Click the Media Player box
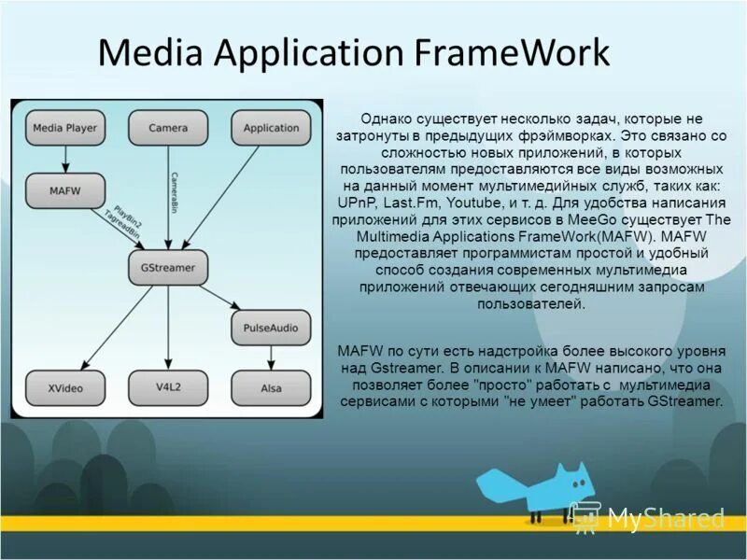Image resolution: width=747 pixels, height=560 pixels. tap(64, 128)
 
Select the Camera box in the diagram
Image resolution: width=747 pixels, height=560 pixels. tap(168, 128)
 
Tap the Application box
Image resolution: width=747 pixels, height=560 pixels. tap(271, 128)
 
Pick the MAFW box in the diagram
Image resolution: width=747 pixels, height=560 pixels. tap(64, 190)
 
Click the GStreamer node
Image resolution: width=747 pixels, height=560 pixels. tap(168, 268)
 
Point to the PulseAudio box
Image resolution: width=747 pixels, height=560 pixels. tap(271, 328)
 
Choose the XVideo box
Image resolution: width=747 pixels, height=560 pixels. tap(64, 387)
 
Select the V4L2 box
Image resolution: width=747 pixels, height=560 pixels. tap(168, 387)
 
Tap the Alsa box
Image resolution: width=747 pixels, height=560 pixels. tap(271, 387)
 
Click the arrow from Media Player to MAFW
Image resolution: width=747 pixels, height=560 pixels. tap(64, 160)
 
